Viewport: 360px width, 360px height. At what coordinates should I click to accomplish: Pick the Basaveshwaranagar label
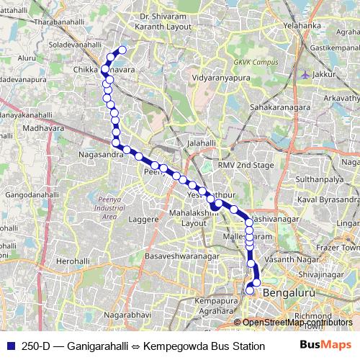[x=183, y=256]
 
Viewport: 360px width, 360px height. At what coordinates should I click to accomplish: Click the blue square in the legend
[x=10, y=345]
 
